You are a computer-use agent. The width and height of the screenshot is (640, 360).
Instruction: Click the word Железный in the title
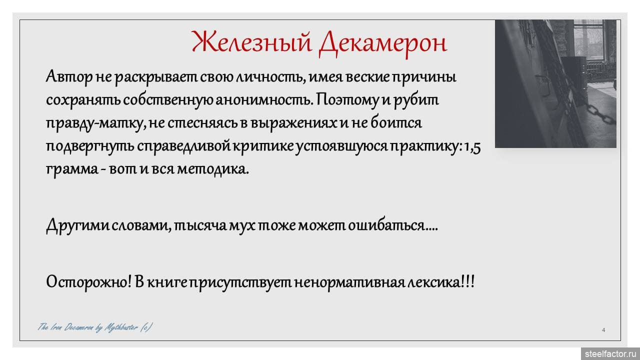(252, 42)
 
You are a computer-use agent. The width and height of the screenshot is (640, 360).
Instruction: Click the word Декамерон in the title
(383, 43)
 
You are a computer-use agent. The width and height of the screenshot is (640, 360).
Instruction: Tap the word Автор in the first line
(69, 77)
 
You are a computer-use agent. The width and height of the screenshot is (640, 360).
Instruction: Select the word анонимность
(263, 100)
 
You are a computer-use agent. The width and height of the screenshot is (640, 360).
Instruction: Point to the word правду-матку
(94, 123)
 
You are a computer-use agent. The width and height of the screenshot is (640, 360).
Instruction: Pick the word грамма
(72, 169)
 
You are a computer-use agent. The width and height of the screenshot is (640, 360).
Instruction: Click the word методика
(213, 169)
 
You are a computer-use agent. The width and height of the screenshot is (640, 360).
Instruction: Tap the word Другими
(77, 225)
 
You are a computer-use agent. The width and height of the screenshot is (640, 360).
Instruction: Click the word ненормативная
(349, 283)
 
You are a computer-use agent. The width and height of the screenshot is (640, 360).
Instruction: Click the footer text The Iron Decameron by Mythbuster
(95, 327)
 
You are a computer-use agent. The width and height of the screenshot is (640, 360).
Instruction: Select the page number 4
(603, 330)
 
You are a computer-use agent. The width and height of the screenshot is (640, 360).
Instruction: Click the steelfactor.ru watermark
(610, 353)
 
